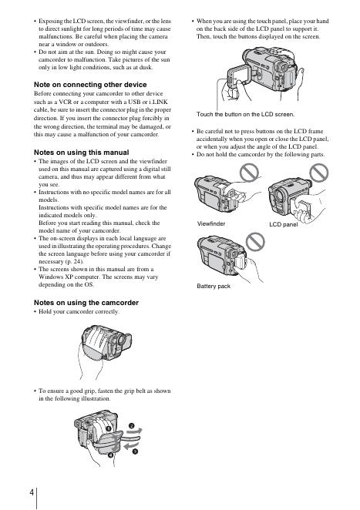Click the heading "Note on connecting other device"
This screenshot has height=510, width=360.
coord(90,85)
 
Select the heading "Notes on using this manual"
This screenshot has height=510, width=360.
coord(82,153)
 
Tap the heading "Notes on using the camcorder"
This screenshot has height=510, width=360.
coord(86,303)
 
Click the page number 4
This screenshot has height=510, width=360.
coord(32,492)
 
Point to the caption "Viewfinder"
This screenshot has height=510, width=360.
coord(211,223)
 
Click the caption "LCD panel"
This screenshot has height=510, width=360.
coord(283,224)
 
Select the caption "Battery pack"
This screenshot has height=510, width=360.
coord(214,286)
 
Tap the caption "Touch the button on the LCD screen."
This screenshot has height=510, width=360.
coord(245,114)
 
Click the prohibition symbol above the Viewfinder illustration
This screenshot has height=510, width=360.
coord(249,172)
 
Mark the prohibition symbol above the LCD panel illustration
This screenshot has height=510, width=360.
coord(319,172)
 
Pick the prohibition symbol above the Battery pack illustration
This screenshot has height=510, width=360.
coord(255,242)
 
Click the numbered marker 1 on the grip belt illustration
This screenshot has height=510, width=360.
coord(109,428)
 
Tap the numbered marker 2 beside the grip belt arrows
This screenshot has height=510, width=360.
coord(132,426)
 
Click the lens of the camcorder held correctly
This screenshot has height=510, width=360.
coord(122,340)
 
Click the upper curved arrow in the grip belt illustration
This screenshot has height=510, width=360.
coord(134,431)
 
